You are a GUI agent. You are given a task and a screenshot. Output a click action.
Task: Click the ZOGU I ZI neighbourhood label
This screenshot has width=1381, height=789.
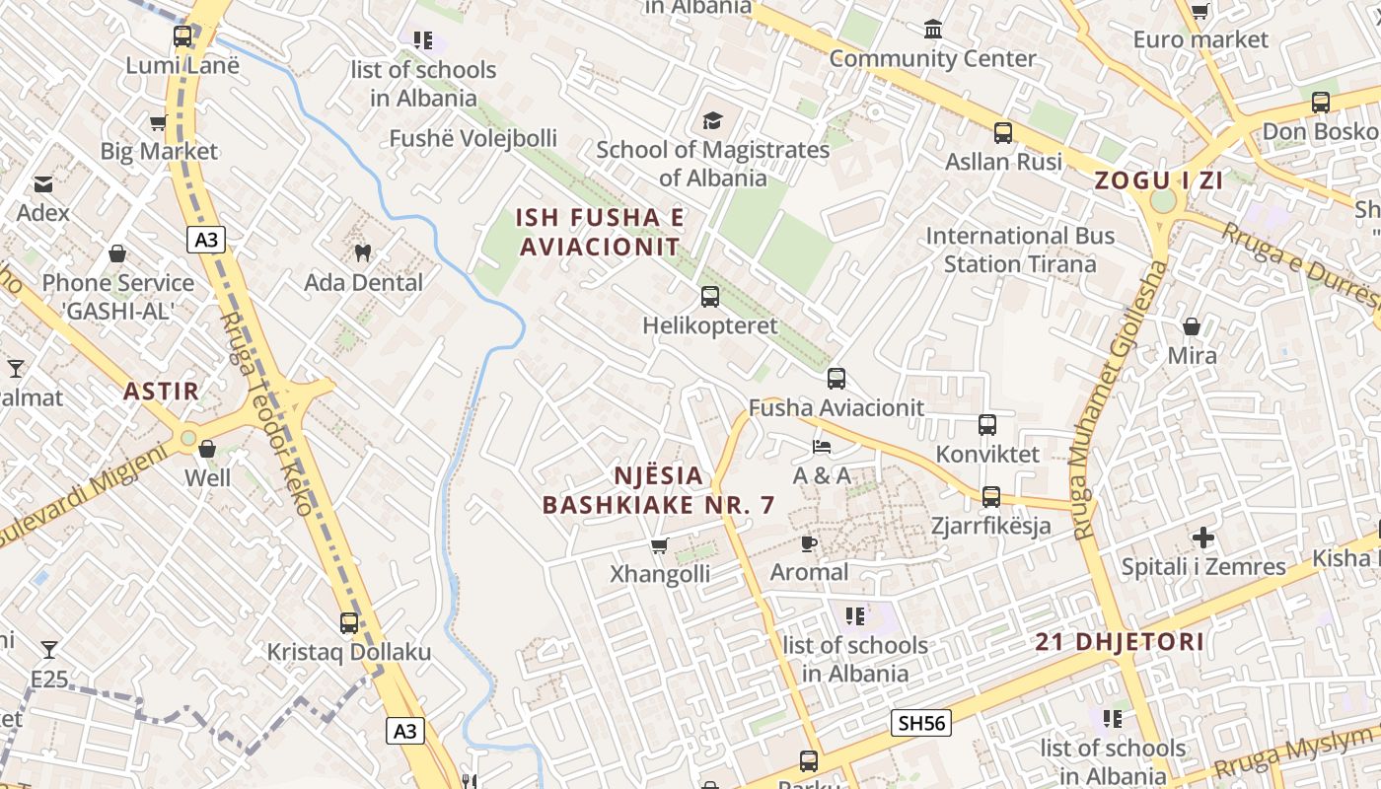(x=1158, y=180)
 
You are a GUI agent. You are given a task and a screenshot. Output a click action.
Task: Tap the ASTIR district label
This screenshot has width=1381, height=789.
(x=161, y=392)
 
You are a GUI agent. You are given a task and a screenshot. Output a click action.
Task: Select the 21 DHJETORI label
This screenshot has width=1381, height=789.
(x=1120, y=642)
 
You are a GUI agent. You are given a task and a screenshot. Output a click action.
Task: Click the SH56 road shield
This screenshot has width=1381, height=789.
(x=921, y=723)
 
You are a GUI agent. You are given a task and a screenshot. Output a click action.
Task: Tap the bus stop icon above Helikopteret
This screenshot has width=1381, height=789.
(x=709, y=296)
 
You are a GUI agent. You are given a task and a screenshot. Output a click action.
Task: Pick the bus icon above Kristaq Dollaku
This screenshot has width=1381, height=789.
(x=349, y=623)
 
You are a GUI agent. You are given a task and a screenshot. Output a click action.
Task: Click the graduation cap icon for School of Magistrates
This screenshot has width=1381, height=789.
(x=712, y=120)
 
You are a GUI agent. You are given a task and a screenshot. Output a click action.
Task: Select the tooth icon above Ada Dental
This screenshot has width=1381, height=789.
(x=362, y=252)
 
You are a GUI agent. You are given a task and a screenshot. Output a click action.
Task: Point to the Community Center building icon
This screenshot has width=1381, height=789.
(x=933, y=30)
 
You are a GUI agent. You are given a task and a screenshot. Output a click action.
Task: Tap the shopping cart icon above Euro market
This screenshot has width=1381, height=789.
(x=1199, y=12)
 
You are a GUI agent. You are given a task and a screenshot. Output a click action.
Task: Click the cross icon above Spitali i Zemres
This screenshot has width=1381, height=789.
(x=1202, y=538)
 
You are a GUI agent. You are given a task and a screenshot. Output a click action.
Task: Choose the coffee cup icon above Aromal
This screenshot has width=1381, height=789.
(x=809, y=543)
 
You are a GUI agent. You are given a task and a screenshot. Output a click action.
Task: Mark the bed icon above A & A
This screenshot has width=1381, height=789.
(x=822, y=447)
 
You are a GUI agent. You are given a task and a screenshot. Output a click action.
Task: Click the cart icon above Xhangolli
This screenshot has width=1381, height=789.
(x=660, y=545)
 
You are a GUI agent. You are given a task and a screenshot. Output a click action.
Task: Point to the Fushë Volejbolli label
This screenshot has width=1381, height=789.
(x=472, y=138)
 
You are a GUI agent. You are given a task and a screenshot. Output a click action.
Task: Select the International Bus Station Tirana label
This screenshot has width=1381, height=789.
(x=1020, y=250)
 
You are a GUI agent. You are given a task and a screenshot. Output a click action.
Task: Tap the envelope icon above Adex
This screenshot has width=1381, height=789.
(x=43, y=184)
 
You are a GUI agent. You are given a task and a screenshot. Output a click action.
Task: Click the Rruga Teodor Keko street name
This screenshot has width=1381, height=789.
(x=265, y=414)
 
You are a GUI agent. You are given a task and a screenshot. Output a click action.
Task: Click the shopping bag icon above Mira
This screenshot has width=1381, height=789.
(x=1192, y=326)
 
